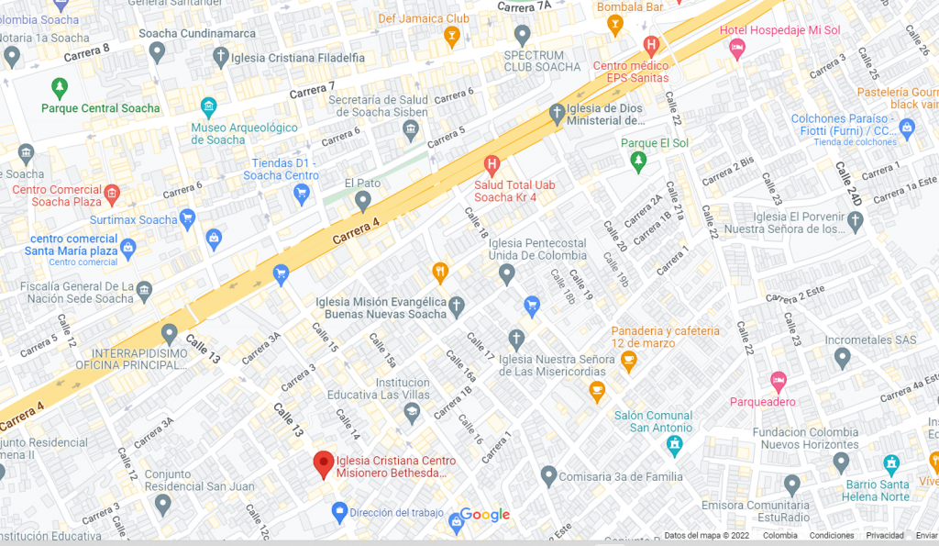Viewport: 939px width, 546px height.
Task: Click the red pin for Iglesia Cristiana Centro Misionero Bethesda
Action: pos(323,463)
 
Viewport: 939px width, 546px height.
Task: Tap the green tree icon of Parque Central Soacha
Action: pos(60,88)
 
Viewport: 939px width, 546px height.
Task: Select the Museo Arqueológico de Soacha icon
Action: pos(208,107)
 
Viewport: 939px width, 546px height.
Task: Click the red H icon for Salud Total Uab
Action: pos(492,165)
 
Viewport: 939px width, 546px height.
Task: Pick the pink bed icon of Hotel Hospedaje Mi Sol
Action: pos(737,50)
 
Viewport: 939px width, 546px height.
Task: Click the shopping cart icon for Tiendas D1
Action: pos(301,193)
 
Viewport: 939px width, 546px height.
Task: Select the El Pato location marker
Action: pos(363,200)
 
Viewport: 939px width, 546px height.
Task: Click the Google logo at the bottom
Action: pos(485,515)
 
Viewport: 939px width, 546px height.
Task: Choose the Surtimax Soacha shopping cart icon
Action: pos(188,218)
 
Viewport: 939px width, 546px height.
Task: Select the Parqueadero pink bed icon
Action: pos(778,380)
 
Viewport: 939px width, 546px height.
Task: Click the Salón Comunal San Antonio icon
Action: pos(675,444)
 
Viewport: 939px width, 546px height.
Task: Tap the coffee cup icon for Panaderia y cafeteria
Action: pos(628,362)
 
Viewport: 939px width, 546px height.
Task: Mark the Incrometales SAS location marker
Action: pos(843,358)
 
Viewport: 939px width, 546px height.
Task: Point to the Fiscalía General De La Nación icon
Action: pos(145,292)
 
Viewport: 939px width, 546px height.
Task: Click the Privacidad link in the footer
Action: pos(885,536)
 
